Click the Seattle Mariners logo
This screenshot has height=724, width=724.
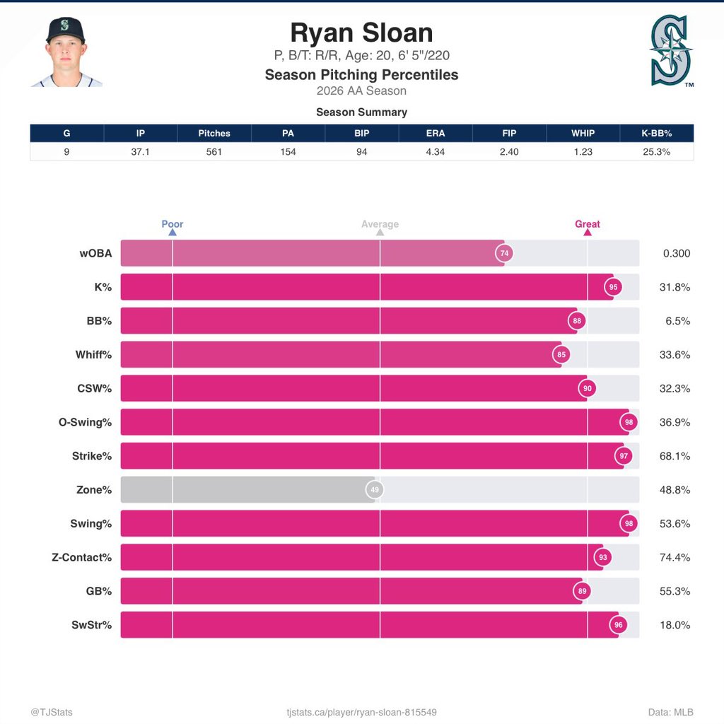click(672, 51)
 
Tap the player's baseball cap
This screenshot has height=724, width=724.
click(66, 30)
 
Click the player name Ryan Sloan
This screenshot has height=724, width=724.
click(361, 33)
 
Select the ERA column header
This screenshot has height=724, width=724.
click(436, 133)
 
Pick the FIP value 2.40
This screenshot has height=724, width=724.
click(509, 152)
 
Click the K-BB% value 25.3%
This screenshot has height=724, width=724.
click(657, 152)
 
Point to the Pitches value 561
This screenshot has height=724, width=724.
click(214, 152)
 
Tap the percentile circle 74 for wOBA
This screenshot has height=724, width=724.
click(504, 253)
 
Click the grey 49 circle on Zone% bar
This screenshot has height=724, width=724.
click(375, 489)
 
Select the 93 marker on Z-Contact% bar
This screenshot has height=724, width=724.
click(603, 557)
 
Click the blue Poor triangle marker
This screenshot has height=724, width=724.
click(173, 232)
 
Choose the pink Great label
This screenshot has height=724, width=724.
click(588, 224)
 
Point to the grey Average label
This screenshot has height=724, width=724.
click(380, 224)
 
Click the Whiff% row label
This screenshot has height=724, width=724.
click(94, 355)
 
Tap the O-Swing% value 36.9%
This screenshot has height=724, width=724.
click(675, 422)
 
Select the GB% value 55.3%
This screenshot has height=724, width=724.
click(675, 591)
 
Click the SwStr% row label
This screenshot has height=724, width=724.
click(91, 625)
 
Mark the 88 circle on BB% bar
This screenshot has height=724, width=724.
click(577, 321)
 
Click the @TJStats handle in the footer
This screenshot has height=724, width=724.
click(52, 712)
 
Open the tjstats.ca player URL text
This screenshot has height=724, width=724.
click(361, 712)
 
